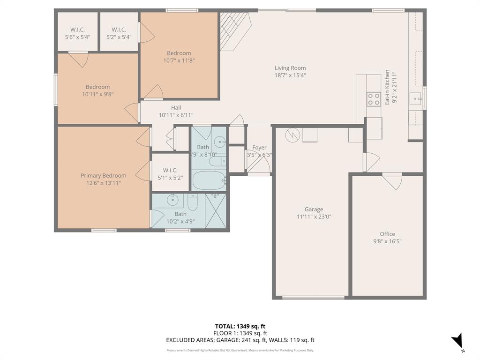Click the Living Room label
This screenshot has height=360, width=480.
pos(290,68)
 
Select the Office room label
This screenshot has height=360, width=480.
pos(387,234)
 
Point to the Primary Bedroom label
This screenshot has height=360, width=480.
pos(103,176)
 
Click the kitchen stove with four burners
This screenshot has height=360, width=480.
pos(374,99)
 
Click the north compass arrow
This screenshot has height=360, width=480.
pos(458,341)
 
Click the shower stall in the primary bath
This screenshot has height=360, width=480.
pos(215,210)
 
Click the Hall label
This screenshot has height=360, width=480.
pos(176,108)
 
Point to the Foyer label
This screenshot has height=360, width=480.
pos(259,148)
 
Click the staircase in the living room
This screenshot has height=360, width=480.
pos(234,30)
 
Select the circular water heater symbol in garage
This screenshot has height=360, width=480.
pos(292,135)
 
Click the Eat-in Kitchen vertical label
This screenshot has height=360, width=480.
pos(387,87)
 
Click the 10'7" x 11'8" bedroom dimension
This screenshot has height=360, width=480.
pos(179,60)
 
